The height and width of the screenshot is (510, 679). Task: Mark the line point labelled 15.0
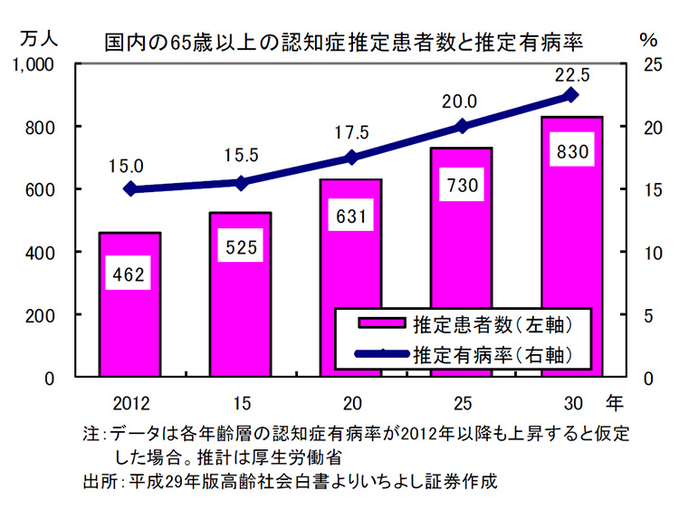(x=130, y=189)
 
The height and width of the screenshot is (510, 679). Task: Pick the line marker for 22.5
(x=571, y=95)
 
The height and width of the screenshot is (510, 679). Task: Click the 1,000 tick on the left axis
(x=35, y=65)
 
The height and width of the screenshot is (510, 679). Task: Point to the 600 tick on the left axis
(x=42, y=190)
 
